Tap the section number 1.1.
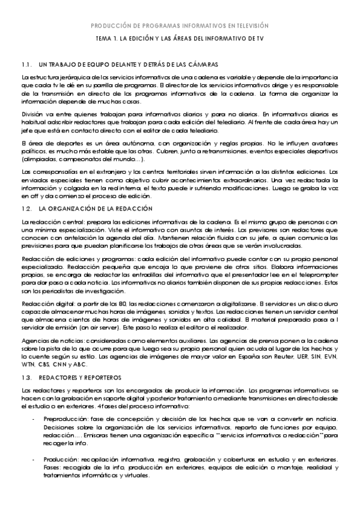pos(26,64)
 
